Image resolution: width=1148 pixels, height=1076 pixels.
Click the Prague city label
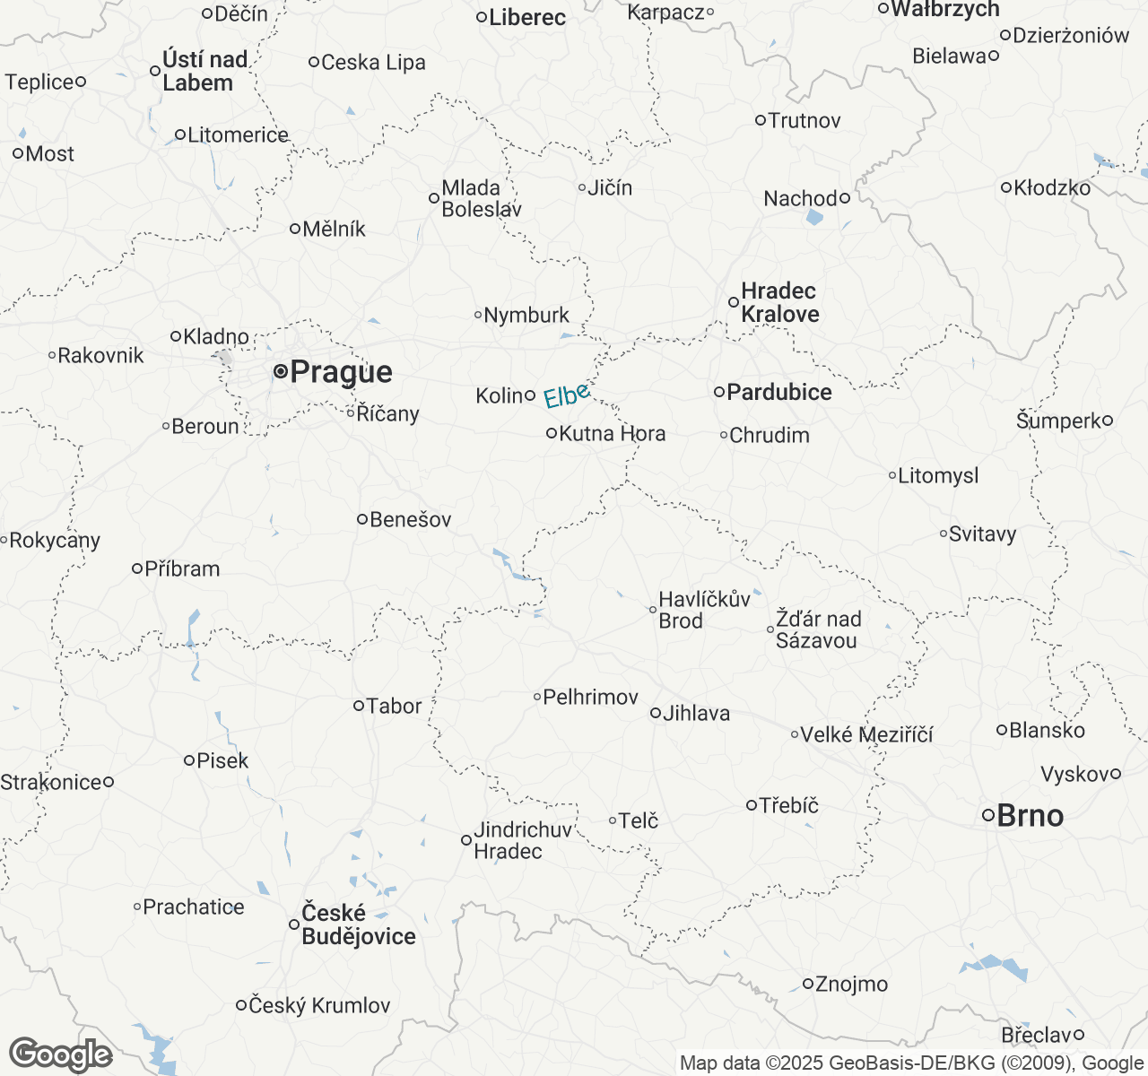pos(341,372)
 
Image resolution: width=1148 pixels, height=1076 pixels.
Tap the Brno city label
pos(1030,816)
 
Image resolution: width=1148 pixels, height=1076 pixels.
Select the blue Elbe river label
pos(567,395)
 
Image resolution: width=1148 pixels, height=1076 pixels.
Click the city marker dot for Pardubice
pos(719,392)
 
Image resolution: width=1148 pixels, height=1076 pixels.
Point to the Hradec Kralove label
pos(779,303)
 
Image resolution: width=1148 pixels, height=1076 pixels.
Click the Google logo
pos(60,1054)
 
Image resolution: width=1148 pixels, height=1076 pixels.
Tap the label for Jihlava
pos(696,714)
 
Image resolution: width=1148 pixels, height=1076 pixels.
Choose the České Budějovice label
pos(358,924)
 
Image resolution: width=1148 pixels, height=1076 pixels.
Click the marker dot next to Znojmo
pos(807,984)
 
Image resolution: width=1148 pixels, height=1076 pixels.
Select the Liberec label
pos(527,17)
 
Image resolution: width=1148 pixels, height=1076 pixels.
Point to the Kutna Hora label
pos(612,434)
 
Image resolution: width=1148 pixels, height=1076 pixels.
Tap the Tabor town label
pos(394,707)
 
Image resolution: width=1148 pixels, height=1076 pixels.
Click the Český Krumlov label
pos(319,1006)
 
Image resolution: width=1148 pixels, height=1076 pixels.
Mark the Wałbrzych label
pos(945,9)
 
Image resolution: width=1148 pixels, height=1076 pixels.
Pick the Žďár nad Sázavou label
pos(818,629)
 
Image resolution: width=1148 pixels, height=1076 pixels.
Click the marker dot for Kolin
pos(530,395)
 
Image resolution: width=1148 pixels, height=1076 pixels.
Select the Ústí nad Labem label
pos(204,72)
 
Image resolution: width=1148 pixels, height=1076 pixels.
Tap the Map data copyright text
pos(911,1063)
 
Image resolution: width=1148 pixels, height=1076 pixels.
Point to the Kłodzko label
pos(1052,188)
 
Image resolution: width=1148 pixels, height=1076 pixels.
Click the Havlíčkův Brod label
pos(704,610)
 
